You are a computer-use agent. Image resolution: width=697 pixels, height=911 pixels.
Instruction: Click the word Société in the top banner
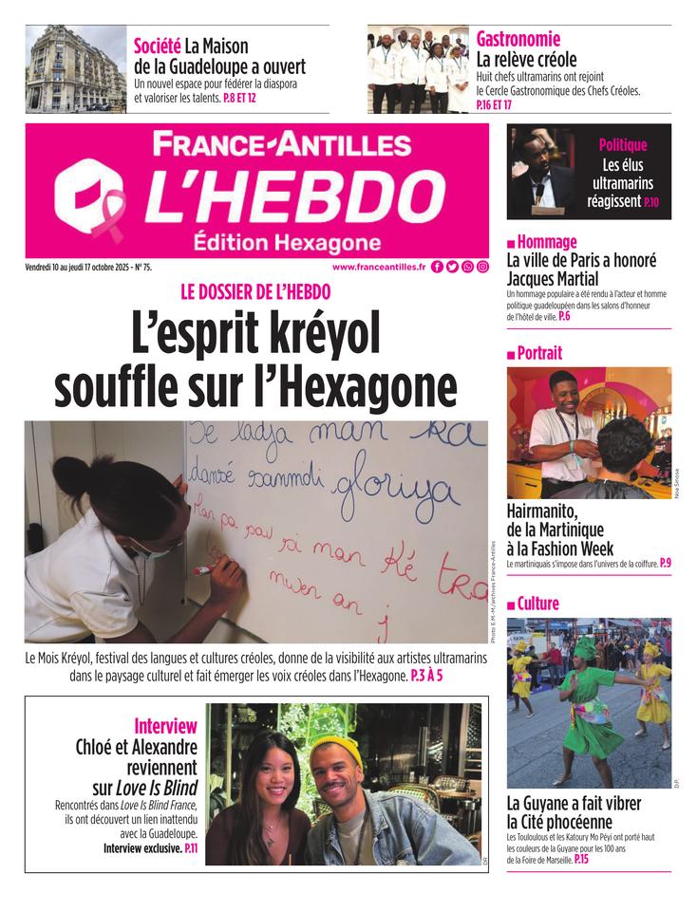(156, 46)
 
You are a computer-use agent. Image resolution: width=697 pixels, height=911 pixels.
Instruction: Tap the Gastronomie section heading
(518, 39)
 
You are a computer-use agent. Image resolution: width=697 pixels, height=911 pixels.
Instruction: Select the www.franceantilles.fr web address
(379, 268)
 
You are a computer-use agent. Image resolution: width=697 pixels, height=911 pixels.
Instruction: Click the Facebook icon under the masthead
(437, 268)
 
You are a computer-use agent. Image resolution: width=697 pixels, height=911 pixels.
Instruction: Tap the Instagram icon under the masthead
(483, 268)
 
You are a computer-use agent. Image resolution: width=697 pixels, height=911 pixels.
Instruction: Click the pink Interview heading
(165, 726)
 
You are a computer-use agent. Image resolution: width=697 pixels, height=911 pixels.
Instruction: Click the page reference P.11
(190, 848)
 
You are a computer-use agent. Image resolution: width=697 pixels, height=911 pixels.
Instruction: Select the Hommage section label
(547, 242)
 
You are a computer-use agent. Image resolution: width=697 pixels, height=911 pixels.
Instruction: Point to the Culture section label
(537, 604)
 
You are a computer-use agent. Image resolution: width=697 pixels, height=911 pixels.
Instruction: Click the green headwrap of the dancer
(585, 649)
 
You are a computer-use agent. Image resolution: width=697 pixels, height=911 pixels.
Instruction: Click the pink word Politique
(622, 145)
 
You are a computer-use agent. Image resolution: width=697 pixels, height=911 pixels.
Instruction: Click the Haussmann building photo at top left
(75, 69)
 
